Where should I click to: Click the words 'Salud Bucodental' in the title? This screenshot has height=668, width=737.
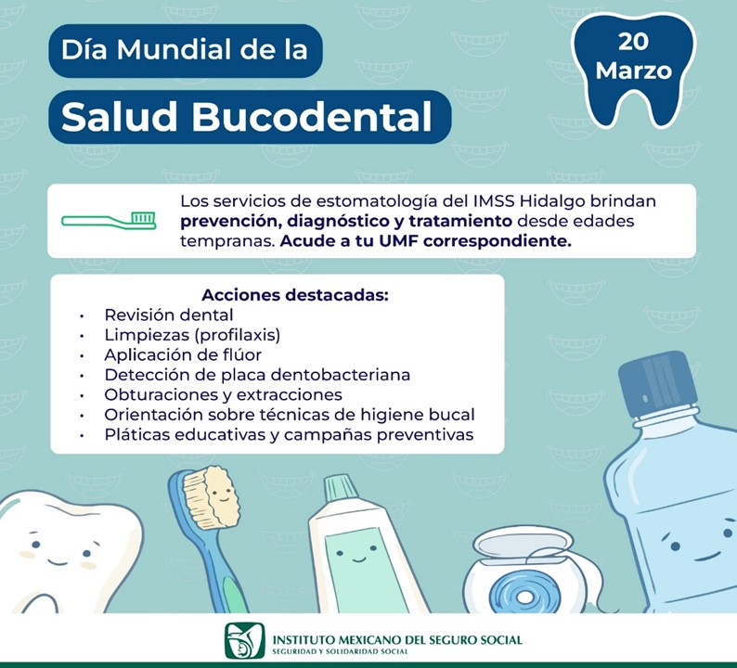point(246,117)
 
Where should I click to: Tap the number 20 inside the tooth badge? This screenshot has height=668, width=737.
point(633,42)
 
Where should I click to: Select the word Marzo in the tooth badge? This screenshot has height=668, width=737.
point(633,71)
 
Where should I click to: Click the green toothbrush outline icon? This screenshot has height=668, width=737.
point(109,220)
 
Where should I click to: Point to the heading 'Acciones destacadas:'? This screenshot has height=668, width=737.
point(295,295)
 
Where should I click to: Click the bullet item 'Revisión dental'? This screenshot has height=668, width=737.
point(169,315)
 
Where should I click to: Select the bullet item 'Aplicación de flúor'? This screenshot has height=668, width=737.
point(183,354)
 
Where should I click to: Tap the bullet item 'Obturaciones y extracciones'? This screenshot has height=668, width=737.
point(224,394)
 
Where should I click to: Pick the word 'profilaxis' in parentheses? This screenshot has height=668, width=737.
point(237,335)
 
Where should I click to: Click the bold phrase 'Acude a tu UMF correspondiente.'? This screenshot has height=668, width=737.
point(426,241)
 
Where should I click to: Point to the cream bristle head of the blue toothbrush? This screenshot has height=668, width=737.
point(212,496)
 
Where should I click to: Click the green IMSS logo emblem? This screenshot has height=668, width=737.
point(244,641)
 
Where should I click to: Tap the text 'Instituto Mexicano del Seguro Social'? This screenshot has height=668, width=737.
point(397,640)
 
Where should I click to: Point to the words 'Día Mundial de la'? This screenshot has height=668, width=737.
point(184,49)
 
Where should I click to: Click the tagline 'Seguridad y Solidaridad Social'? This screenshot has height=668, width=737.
point(341,651)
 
